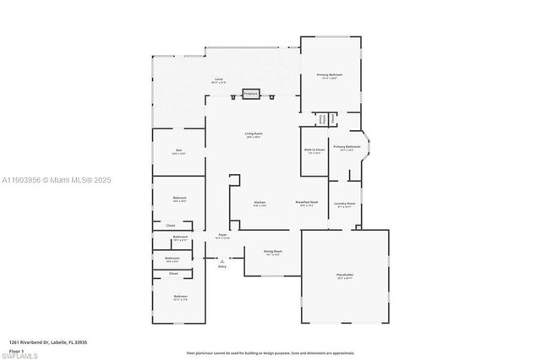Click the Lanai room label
pyautogui.click(x=218, y=80)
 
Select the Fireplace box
pyautogui.click(x=251, y=94)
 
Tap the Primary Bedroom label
pyautogui.click(x=329, y=76)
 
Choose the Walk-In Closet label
pyautogui.click(x=314, y=152)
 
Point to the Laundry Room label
pyautogui.click(x=344, y=205)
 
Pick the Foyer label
pyautogui.click(x=222, y=236)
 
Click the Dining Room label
pyautogui.click(x=272, y=252)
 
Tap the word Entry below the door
pyautogui.click(x=222, y=267)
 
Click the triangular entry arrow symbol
pyautogui.click(x=222, y=261)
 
